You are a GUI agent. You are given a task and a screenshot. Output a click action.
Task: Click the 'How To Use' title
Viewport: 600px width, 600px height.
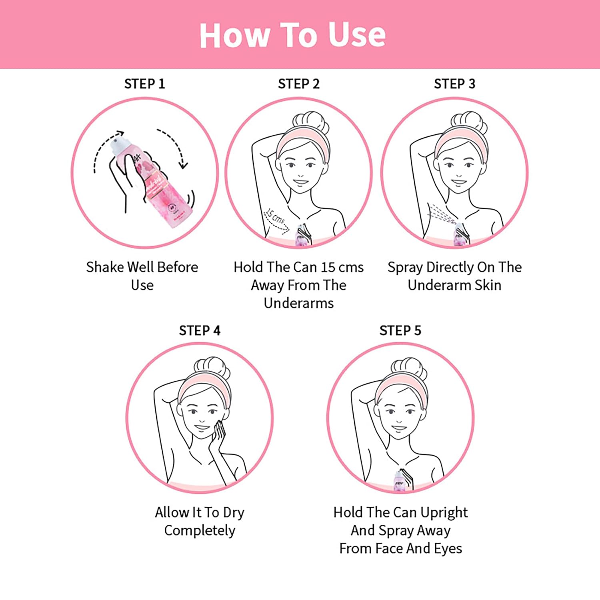click(x=292, y=35)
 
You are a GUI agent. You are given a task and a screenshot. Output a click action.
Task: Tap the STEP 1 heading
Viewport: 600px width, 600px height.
click(x=144, y=84)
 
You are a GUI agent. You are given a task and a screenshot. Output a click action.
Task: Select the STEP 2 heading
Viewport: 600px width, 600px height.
click(x=299, y=84)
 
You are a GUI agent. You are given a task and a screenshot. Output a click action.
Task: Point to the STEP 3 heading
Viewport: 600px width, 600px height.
click(x=454, y=84)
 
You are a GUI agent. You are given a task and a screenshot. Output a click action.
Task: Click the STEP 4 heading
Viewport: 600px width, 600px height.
click(x=200, y=330)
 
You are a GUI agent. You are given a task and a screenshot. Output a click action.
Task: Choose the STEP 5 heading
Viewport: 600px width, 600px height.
click(x=400, y=330)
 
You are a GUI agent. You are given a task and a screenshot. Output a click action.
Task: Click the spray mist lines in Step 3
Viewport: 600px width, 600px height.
click(x=442, y=213)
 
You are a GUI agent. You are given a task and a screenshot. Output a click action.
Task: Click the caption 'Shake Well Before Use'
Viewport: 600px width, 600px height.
click(x=142, y=276)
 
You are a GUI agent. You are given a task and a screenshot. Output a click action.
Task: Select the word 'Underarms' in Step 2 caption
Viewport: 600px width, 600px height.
click(x=299, y=303)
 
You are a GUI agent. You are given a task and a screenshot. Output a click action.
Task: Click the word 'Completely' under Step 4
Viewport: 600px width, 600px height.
click(x=200, y=531)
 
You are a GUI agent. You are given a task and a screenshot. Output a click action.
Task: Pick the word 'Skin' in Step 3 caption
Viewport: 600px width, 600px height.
click(x=488, y=285)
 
